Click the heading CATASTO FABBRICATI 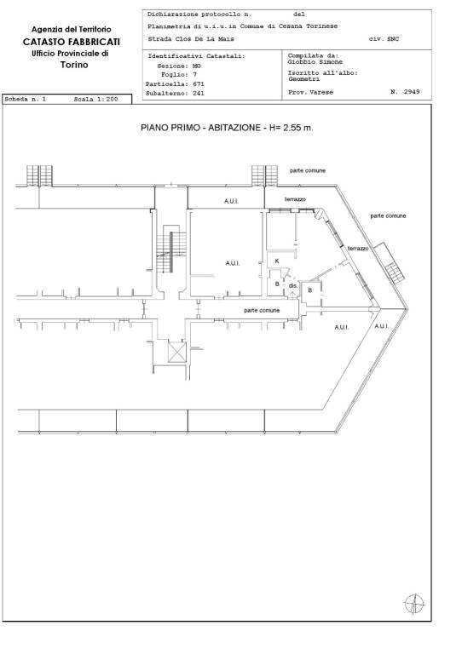[72, 42]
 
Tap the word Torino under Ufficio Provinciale [74, 65]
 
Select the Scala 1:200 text [95, 100]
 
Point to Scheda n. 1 [25, 100]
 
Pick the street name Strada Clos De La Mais [191, 39]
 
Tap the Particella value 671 [199, 83]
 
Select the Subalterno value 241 [199, 94]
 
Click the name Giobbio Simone [315, 61]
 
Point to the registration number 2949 [412, 92]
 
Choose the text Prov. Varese [310, 92]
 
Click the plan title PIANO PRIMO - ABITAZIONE [201, 128]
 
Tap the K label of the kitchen [277, 261]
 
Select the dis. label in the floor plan [293, 286]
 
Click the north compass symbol [414, 604]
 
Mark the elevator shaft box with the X [177, 352]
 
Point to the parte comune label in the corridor [262, 310]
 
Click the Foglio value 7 [194, 75]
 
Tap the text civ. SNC [384, 39]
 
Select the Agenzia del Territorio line [72, 29]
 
